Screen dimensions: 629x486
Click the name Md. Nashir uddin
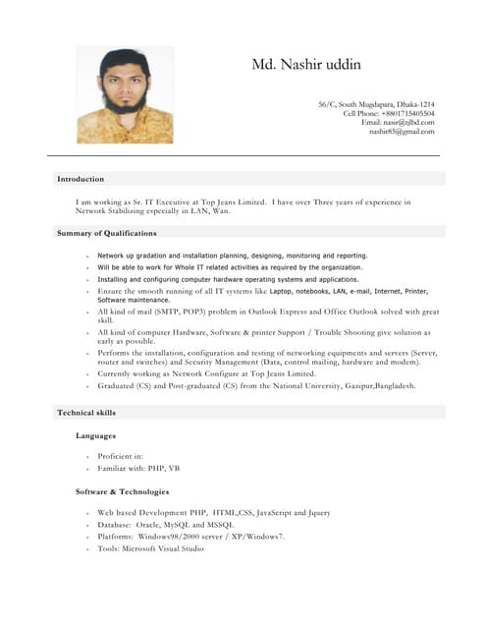[305, 65]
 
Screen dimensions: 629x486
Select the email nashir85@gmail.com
[401, 132]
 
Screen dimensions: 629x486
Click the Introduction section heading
[81, 179]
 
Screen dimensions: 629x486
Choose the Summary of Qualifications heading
[106, 233]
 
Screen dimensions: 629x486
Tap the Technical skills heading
[86, 413]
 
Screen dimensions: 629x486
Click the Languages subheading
[96, 435]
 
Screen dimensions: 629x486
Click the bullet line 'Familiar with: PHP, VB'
[138, 469]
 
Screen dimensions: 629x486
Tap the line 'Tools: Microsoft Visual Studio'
[150, 548]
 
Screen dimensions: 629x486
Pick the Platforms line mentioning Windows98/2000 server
[190, 537]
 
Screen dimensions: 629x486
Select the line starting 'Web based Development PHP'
[213, 513]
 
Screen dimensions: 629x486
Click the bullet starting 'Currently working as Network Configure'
[206, 373]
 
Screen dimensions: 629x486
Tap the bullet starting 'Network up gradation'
[232, 255]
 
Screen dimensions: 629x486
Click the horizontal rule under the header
[243, 155]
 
